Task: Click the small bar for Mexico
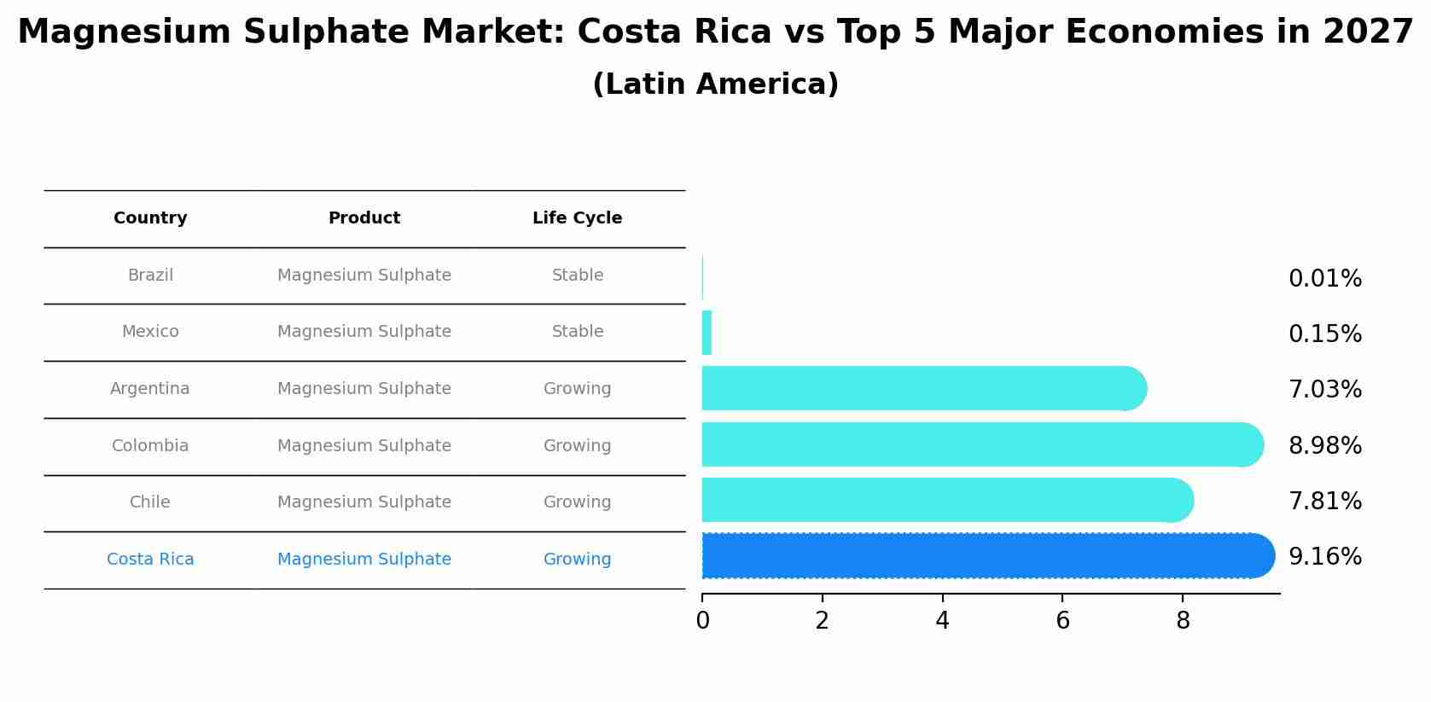point(707,333)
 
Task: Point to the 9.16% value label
point(1324,557)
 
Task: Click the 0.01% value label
point(1324,279)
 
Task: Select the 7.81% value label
point(1324,502)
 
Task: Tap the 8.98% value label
point(1324,446)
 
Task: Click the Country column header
point(150,218)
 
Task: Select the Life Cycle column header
point(577,218)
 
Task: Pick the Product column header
point(364,218)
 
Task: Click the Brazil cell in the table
point(150,276)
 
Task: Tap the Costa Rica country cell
point(150,560)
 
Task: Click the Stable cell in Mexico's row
point(577,332)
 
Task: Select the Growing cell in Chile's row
point(577,502)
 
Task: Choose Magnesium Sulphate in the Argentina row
point(364,389)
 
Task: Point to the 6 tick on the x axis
point(1062,621)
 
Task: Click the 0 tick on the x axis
point(702,621)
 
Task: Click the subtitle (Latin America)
point(715,84)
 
